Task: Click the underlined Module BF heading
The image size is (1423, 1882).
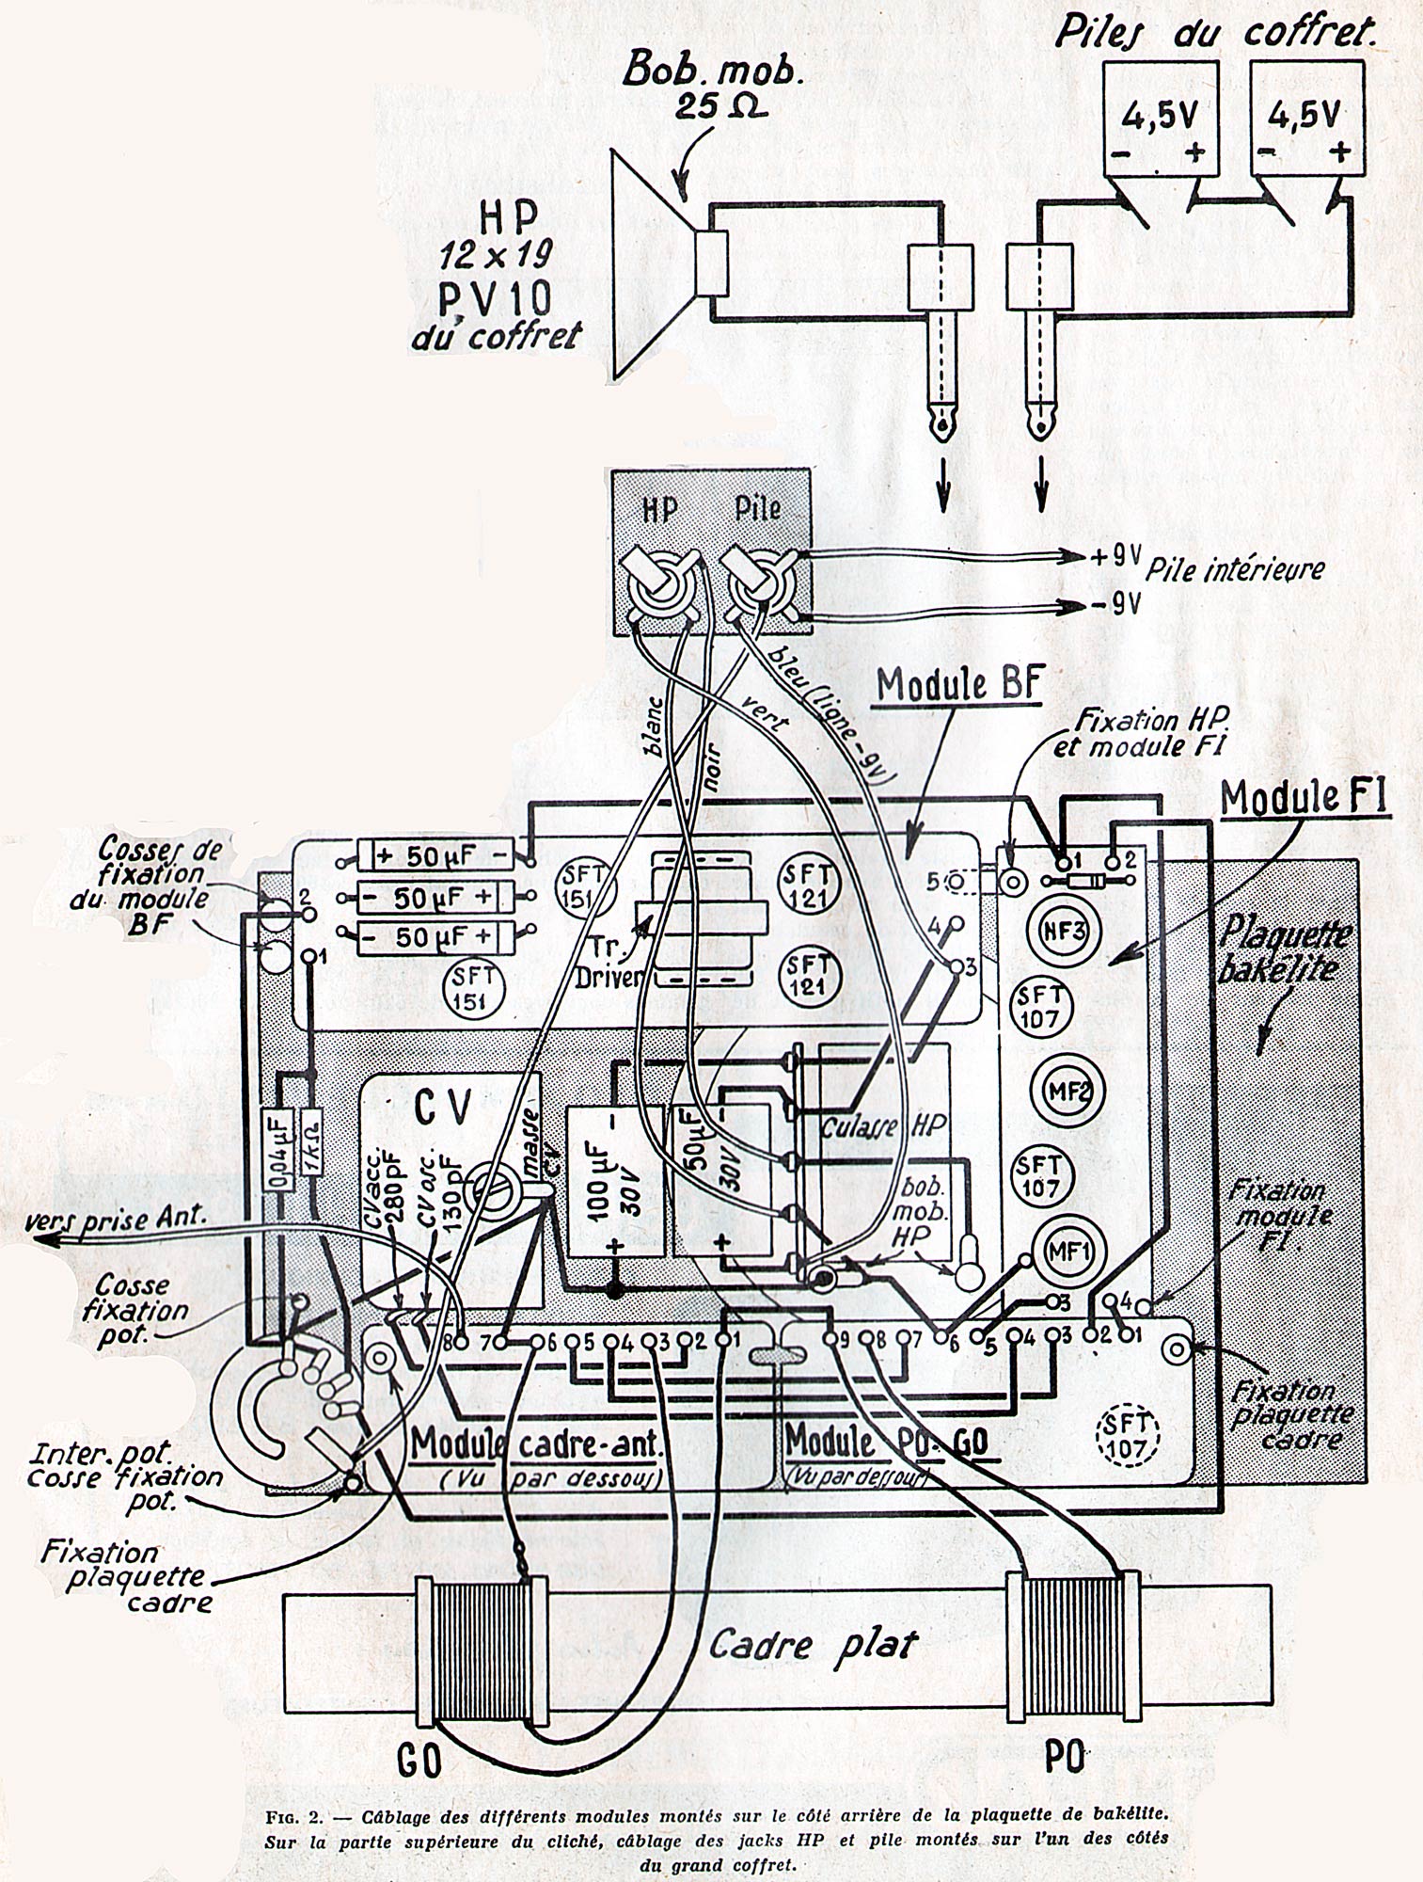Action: (x=957, y=686)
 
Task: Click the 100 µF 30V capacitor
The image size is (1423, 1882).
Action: (x=613, y=1182)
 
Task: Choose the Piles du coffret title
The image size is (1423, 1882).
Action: (x=1210, y=33)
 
